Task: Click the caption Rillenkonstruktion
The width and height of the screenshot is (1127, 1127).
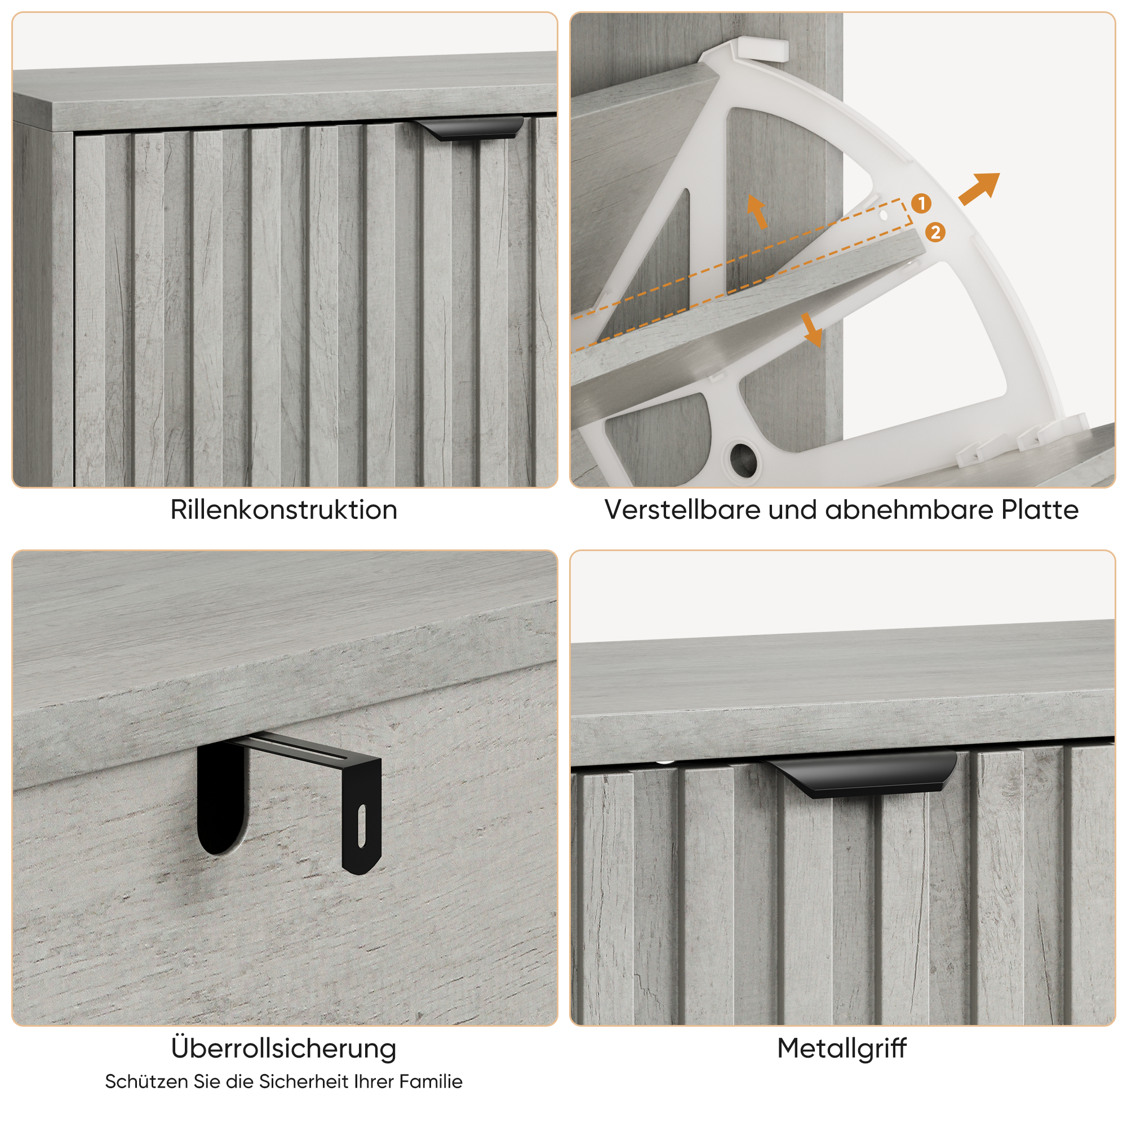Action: [283, 510]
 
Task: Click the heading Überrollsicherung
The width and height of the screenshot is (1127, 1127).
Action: [283, 1048]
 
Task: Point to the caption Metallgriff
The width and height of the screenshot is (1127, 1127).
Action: [842, 1048]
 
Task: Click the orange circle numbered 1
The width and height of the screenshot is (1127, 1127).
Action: [921, 203]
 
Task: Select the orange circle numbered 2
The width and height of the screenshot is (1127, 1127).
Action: [935, 233]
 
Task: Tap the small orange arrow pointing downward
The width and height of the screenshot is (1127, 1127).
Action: [811, 330]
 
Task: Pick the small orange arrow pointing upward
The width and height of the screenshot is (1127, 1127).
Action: [757, 211]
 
